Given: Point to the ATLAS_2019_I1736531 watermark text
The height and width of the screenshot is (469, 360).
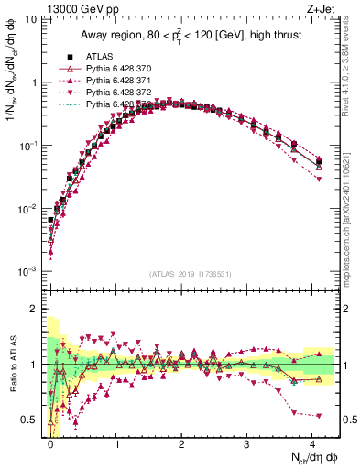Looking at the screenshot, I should click(190, 274).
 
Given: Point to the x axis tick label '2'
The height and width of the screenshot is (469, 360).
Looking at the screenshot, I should click(181, 443).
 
